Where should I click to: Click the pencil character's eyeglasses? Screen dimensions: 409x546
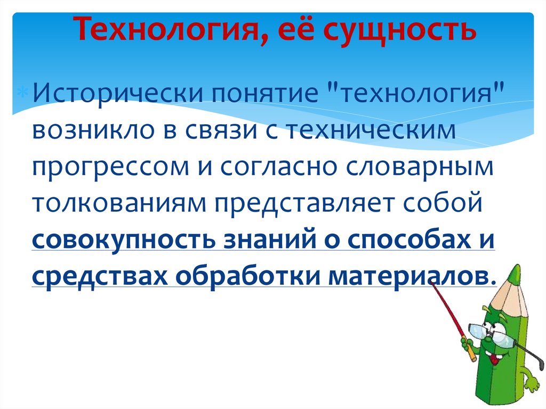[x=491, y=334]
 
